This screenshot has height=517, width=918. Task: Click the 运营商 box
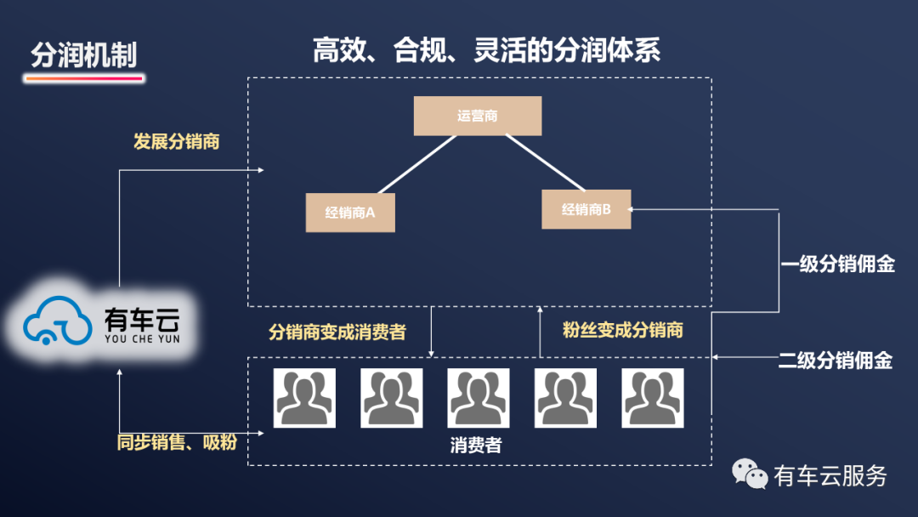coord(477,116)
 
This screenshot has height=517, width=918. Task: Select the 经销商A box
coord(350,213)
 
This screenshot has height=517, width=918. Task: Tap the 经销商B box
coord(586,209)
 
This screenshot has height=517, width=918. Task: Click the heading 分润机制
coord(83,55)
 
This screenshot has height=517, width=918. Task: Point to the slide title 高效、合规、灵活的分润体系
coord(486,50)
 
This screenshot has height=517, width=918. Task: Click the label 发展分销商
coord(176,142)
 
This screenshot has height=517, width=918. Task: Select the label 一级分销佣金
coord(837,264)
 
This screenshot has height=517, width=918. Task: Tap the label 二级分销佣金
coord(836,361)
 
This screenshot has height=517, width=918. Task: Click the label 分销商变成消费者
coord(337,332)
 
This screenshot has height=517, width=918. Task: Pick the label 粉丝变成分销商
coord(623,330)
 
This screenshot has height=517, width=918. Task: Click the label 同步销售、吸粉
coord(177,442)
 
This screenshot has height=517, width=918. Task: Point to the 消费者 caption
coord(476,445)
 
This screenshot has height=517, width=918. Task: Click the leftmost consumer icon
coord(304,397)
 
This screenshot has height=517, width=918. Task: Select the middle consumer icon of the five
coord(478,397)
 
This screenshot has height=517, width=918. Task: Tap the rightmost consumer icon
coord(652,397)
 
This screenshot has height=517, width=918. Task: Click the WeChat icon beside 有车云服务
coord(751,474)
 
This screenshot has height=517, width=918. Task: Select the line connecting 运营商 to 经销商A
coord(417,163)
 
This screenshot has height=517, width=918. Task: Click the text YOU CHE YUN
coord(142,338)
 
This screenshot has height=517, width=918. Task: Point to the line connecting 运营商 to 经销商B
coord(544,163)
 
